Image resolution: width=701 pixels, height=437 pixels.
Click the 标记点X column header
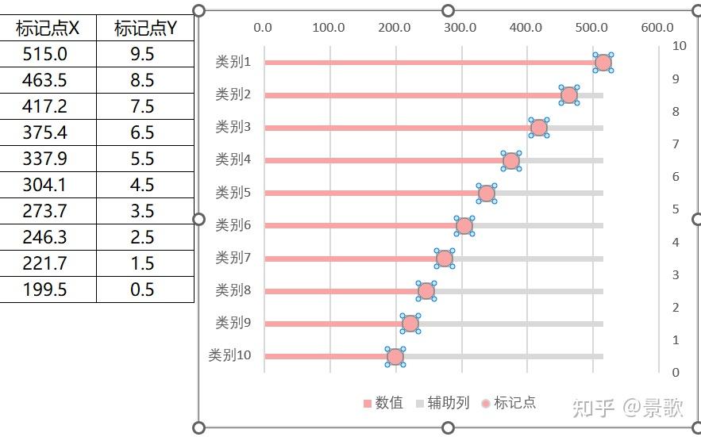pyautogui.click(x=48, y=29)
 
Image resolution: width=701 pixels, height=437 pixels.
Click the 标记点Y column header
pyautogui.click(x=145, y=29)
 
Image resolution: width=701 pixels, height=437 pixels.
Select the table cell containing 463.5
pyautogui.click(x=48, y=80)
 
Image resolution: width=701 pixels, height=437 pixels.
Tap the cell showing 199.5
pyautogui.click(x=48, y=289)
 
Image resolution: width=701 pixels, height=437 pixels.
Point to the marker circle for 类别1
pyautogui.click(x=603, y=63)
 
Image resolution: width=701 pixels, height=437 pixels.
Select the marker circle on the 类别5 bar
pyautogui.click(x=487, y=194)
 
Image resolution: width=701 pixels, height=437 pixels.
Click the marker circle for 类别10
pyautogui.click(x=395, y=357)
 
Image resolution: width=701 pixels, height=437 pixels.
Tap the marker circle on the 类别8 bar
pyautogui.click(x=426, y=291)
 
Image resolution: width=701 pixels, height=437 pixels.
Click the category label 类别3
pyautogui.click(x=233, y=127)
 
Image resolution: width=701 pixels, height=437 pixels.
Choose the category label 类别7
pyautogui.click(x=233, y=258)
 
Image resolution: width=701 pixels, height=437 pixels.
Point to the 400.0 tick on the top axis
pyautogui.click(x=526, y=28)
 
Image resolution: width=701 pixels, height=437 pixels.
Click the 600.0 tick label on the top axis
pyautogui.click(x=657, y=28)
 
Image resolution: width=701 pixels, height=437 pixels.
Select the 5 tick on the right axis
pyautogui.click(x=676, y=209)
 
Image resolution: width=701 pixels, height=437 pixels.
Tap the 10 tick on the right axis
pyautogui.click(x=680, y=46)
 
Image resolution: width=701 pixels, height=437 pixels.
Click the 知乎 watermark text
pyautogui.click(x=592, y=408)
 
